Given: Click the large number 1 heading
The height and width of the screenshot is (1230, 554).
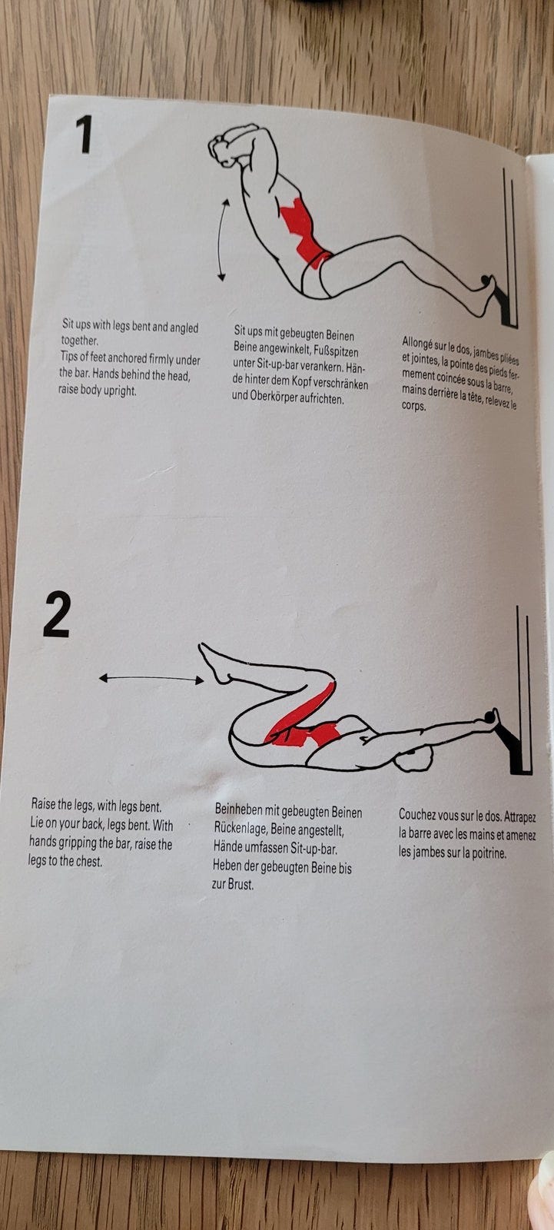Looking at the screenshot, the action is (x=84, y=135).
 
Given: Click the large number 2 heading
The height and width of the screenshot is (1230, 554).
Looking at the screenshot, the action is (x=57, y=614).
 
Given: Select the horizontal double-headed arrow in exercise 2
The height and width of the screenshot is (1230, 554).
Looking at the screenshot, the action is (x=151, y=680).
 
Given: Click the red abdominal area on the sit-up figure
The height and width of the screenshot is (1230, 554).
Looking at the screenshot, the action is (x=301, y=231).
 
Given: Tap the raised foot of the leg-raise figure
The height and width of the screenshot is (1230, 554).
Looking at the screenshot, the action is (x=214, y=663).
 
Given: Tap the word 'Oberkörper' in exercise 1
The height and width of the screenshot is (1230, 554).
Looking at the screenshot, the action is (x=274, y=396).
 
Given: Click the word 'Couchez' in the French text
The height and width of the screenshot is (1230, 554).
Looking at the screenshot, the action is (x=416, y=816).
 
